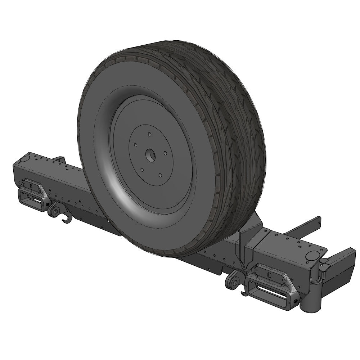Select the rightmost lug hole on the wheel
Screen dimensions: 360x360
165,153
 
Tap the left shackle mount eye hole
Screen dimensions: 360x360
54,212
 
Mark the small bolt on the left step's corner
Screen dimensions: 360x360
47,204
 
